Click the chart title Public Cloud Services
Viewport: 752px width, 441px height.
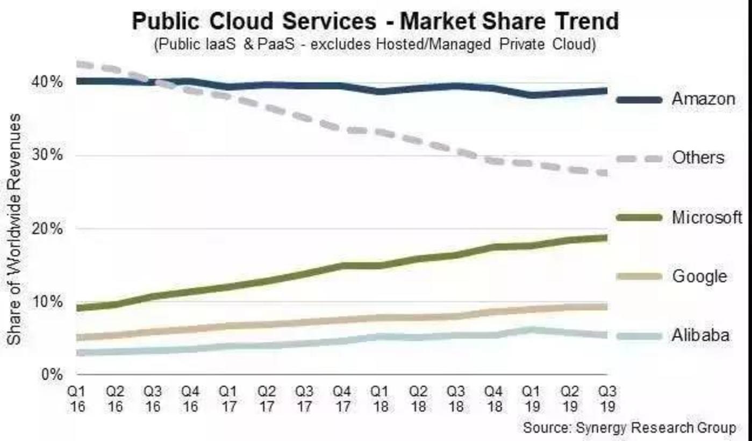tap(375, 22)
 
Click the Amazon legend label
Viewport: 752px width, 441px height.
tap(703, 99)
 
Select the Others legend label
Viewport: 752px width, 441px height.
tap(698, 158)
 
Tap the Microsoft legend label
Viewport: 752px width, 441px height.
tap(706, 217)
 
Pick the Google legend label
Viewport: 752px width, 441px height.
tap(699, 276)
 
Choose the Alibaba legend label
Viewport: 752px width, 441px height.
tap(700, 336)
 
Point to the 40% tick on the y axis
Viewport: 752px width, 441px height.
tap(50, 82)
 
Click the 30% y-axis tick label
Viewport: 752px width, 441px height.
tap(50, 155)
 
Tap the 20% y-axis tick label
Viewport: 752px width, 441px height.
tap(50, 229)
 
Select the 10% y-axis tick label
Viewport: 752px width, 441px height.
tap(50, 302)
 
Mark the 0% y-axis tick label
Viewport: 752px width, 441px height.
tap(53, 374)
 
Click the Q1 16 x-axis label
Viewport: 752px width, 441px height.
tap(77, 398)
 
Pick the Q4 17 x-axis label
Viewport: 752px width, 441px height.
tap(342, 398)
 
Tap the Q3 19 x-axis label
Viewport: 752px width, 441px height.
tap(607, 398)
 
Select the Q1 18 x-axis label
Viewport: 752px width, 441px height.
tap(380, 398)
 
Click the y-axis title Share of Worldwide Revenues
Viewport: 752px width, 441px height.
tap(15, 229)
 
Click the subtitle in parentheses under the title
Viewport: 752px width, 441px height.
tap(375, 44)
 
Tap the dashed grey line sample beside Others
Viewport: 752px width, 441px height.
tap(639, 158)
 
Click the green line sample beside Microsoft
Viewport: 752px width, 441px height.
tap(639, 217)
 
